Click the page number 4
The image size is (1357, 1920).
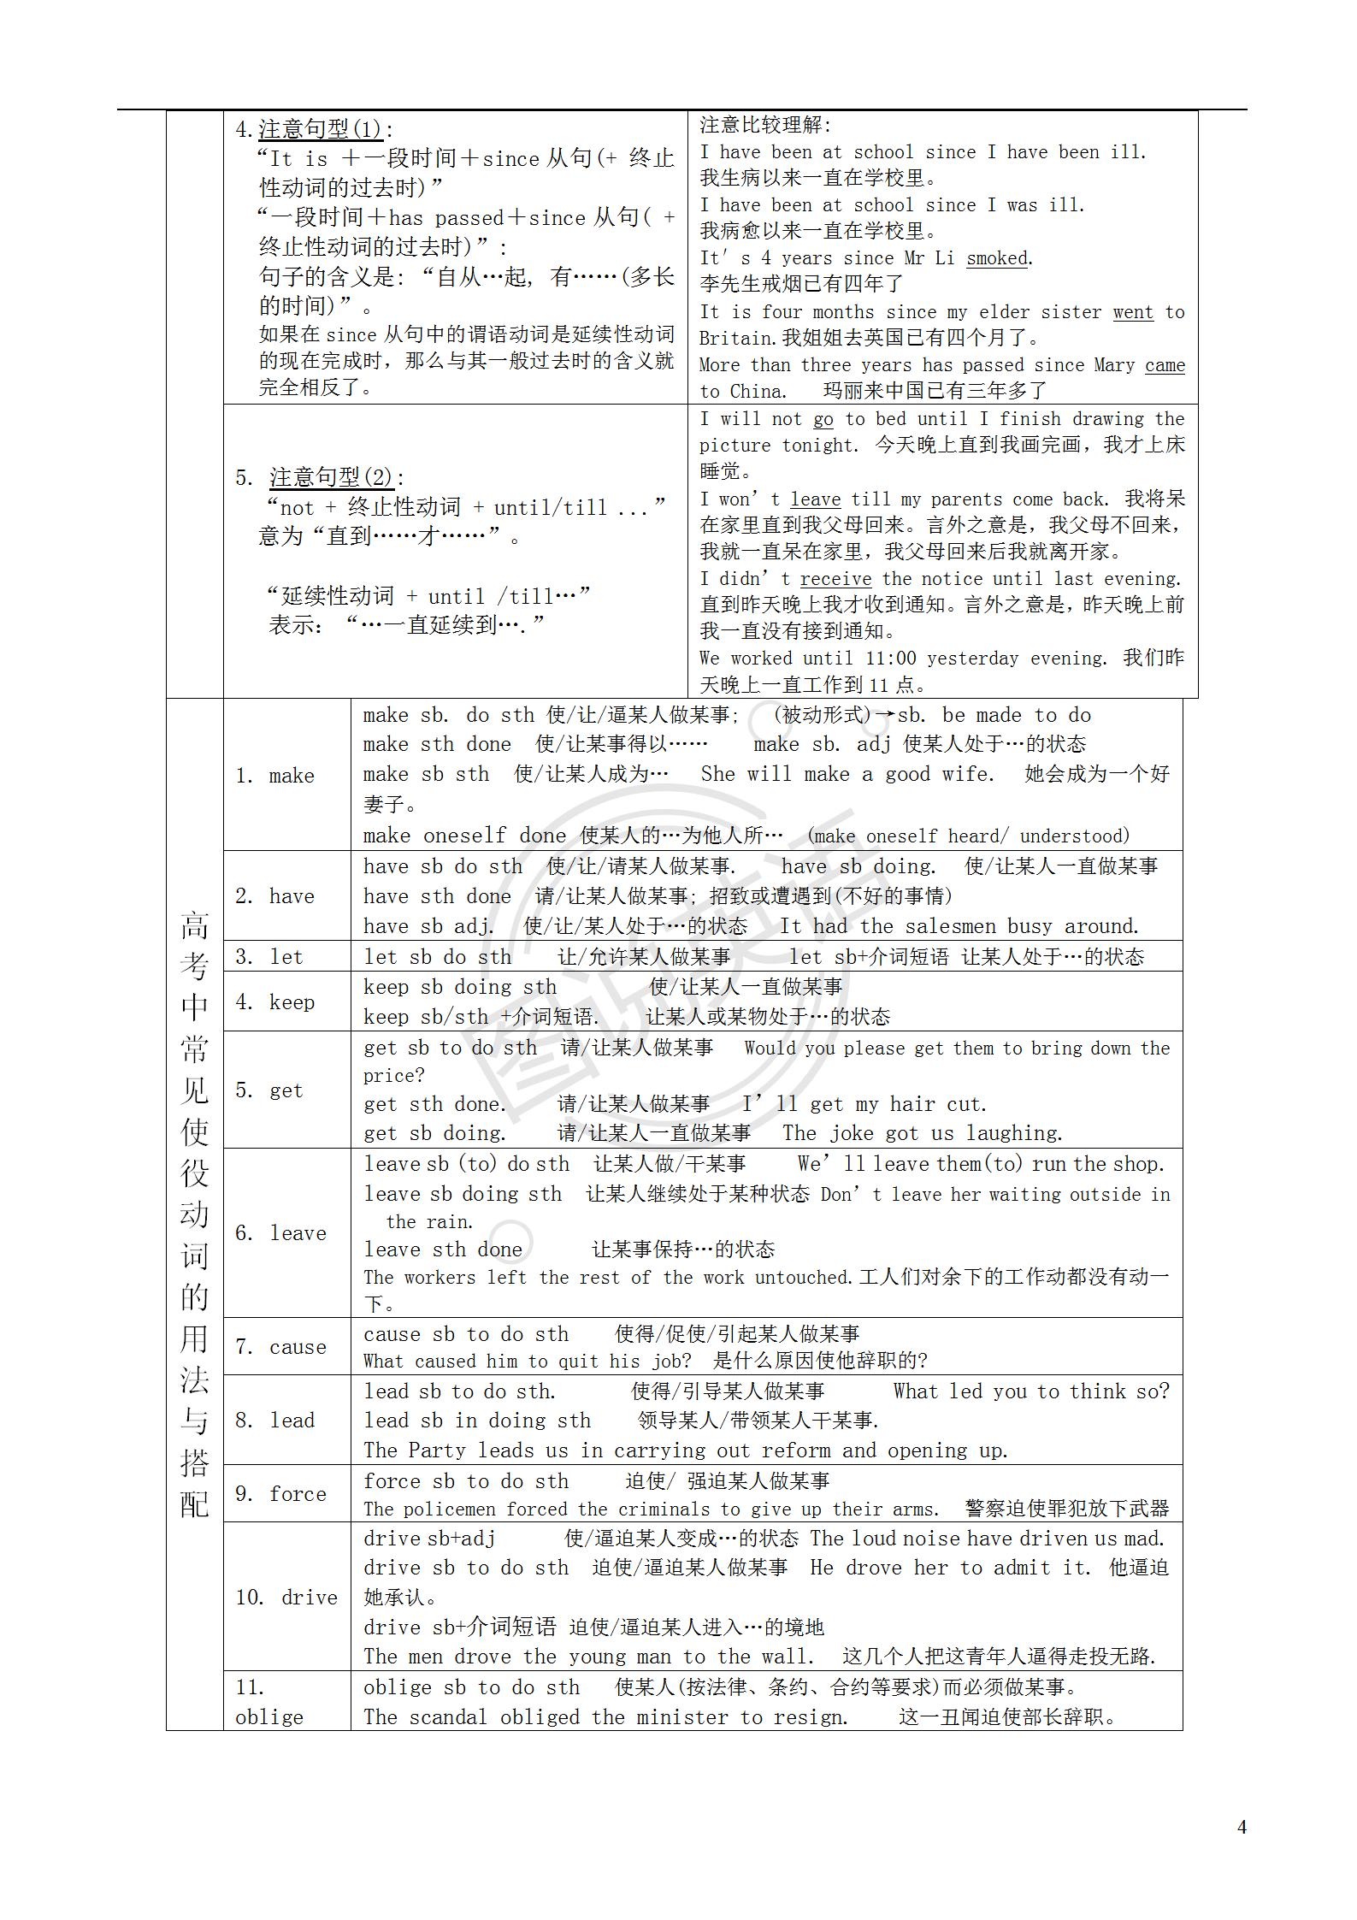pyautogui.click(x=1242, y=1827)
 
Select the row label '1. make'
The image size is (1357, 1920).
pyautogui.click(x=275, y=776)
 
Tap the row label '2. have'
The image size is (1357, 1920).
pyautogui.click(x=275, y=896)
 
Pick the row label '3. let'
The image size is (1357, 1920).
pyautogui.click(x=269, y=957)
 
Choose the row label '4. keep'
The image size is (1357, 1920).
pyautogui.click(x=275, y=1001)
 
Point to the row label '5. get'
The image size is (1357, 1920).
pyautogui.click(x=269, y=1090)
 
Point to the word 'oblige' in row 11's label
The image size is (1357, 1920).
pyautogui.click(x=269, y=1716)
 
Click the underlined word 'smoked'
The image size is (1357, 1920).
pyautogui.click(x=997, y=258)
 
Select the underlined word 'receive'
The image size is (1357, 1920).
pyautogui.click(x=835, y=579)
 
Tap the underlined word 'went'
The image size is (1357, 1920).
pyautogui.click(x=1133, y=312)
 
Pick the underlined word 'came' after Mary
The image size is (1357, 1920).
pyautogui.click(x=1165, y=365)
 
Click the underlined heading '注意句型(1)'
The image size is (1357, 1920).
pyautogui.click(x=320, y=129)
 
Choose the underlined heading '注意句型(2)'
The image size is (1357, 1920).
pyautogui.click(x=331, y=477)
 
